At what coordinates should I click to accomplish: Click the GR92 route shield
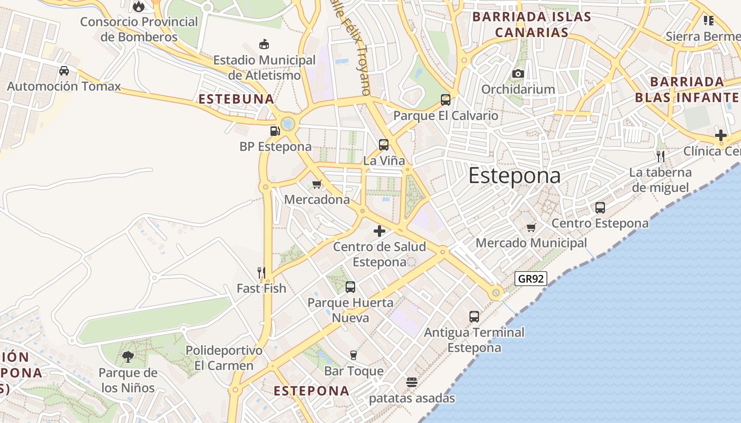point(530,279)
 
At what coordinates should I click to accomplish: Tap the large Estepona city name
point(514,176)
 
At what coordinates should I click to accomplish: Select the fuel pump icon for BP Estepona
point(275,131)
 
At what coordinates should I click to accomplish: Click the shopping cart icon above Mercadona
point(317,184)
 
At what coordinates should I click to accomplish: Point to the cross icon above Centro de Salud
point(379,231)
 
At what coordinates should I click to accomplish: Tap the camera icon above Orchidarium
point(518,73)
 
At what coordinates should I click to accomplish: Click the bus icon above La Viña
point(384,144)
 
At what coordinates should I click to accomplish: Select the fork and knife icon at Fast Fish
point(261,273)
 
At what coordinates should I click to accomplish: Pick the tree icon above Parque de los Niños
point(128,357)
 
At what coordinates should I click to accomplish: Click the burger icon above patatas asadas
point(412,382)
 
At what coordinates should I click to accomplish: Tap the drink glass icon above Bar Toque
point(354,355)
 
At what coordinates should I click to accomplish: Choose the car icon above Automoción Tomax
point(64,70)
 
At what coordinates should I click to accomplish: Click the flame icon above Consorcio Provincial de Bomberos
point(139,6)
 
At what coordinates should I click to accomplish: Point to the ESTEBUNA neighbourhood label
point(236,99)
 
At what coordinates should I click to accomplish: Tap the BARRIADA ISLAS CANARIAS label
point(531,24)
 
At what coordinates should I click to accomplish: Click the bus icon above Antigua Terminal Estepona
point(474,317)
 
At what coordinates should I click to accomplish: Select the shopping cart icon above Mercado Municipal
point(531,227)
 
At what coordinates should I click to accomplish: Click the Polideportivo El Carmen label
point(224,358)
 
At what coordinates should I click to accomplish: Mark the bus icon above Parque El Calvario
point(446,100)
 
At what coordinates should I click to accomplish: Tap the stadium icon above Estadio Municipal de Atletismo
point(264,44)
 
